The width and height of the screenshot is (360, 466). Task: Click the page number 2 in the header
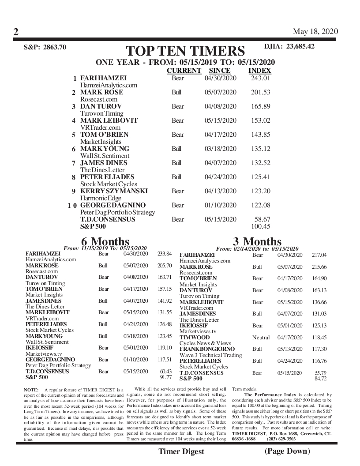pyautogui.click(x=15, y=32)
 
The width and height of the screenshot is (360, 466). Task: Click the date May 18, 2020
pyautogui.click(x=315, y=31)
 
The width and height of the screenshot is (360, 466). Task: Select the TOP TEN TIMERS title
pyautogui.click(x=185, y=51)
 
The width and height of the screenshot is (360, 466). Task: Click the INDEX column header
pyautogui.click(x=259, y=71)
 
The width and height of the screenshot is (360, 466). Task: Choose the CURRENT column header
pyautogui.click(x=184, y=71)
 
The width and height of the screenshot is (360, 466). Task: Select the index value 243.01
pyautogui.click(x=260, y=78)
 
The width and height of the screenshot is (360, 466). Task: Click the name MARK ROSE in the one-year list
pyautogui.click(x=101, y=92)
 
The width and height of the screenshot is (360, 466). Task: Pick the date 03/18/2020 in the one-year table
pyautogui.click(x=221, y=149)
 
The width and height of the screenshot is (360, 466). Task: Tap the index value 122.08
pyautogui.click(x=260, y=205)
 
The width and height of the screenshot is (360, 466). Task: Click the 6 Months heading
pyautogui.click(x=105, y=241)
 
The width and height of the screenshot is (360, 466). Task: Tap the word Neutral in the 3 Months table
pyautogui.click(x=261, y=338)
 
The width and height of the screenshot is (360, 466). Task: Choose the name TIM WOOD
pyautogui.click(x=195, y=338)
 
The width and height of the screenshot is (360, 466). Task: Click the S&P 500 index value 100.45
pyautogui.click(x=260, y=226)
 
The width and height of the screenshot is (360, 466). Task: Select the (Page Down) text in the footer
pyautogui.click(x=287, y=451)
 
